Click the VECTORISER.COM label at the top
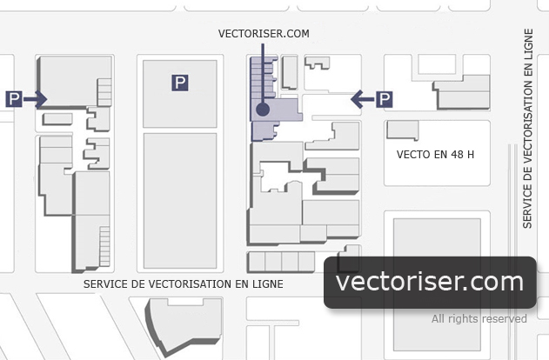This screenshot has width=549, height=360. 264,34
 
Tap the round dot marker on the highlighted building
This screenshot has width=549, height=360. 264,110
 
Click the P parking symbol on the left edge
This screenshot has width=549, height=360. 14,99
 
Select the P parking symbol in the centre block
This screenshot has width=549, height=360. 179,83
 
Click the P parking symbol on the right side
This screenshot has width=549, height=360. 384,99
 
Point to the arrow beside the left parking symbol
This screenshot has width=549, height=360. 36,99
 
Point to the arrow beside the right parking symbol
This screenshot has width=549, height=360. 362,99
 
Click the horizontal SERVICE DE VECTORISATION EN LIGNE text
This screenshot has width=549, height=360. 183,283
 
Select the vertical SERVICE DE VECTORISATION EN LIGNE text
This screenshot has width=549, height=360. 528,129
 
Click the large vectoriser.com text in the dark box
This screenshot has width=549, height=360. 429,282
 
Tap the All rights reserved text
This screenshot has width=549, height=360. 479,319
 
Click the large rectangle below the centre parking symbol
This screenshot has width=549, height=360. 179,200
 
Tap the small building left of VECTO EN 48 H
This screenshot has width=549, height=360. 402,130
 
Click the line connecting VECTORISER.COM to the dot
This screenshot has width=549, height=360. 264,74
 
